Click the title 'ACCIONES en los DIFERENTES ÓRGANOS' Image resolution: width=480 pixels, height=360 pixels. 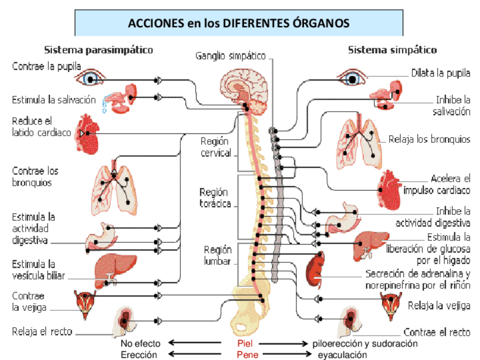(x=238, y=23)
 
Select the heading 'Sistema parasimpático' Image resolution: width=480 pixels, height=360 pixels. (x=98, y=50)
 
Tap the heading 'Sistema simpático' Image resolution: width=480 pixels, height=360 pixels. (x=392, y=50)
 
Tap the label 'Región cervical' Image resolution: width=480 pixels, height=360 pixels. (x=216, y=147)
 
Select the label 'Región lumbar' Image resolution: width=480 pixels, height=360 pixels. (x=218, y=255)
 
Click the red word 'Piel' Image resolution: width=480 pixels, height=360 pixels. (x=244, y=344)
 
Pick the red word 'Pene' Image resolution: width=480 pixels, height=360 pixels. (x=244, y=354)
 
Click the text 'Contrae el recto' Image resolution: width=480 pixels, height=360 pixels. (x=436, y=332)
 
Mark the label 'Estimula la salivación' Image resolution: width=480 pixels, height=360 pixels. (x=54, y=100)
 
